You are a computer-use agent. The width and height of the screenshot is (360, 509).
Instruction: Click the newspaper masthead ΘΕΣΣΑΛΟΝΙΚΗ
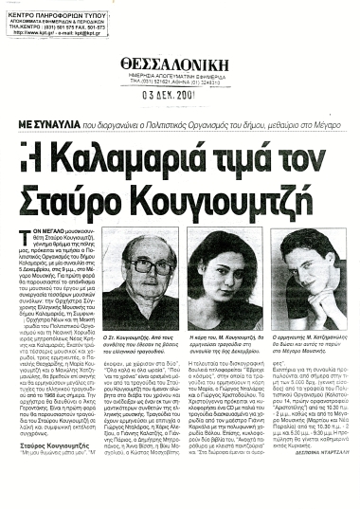click(180, 64)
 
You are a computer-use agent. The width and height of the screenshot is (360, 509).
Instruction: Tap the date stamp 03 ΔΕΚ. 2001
click(180, 96)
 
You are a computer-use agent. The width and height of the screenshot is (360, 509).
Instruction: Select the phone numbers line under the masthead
click(180, 82)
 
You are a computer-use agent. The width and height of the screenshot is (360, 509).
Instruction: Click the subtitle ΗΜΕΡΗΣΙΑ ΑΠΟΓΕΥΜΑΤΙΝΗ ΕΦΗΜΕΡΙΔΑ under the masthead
click(180, 76)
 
